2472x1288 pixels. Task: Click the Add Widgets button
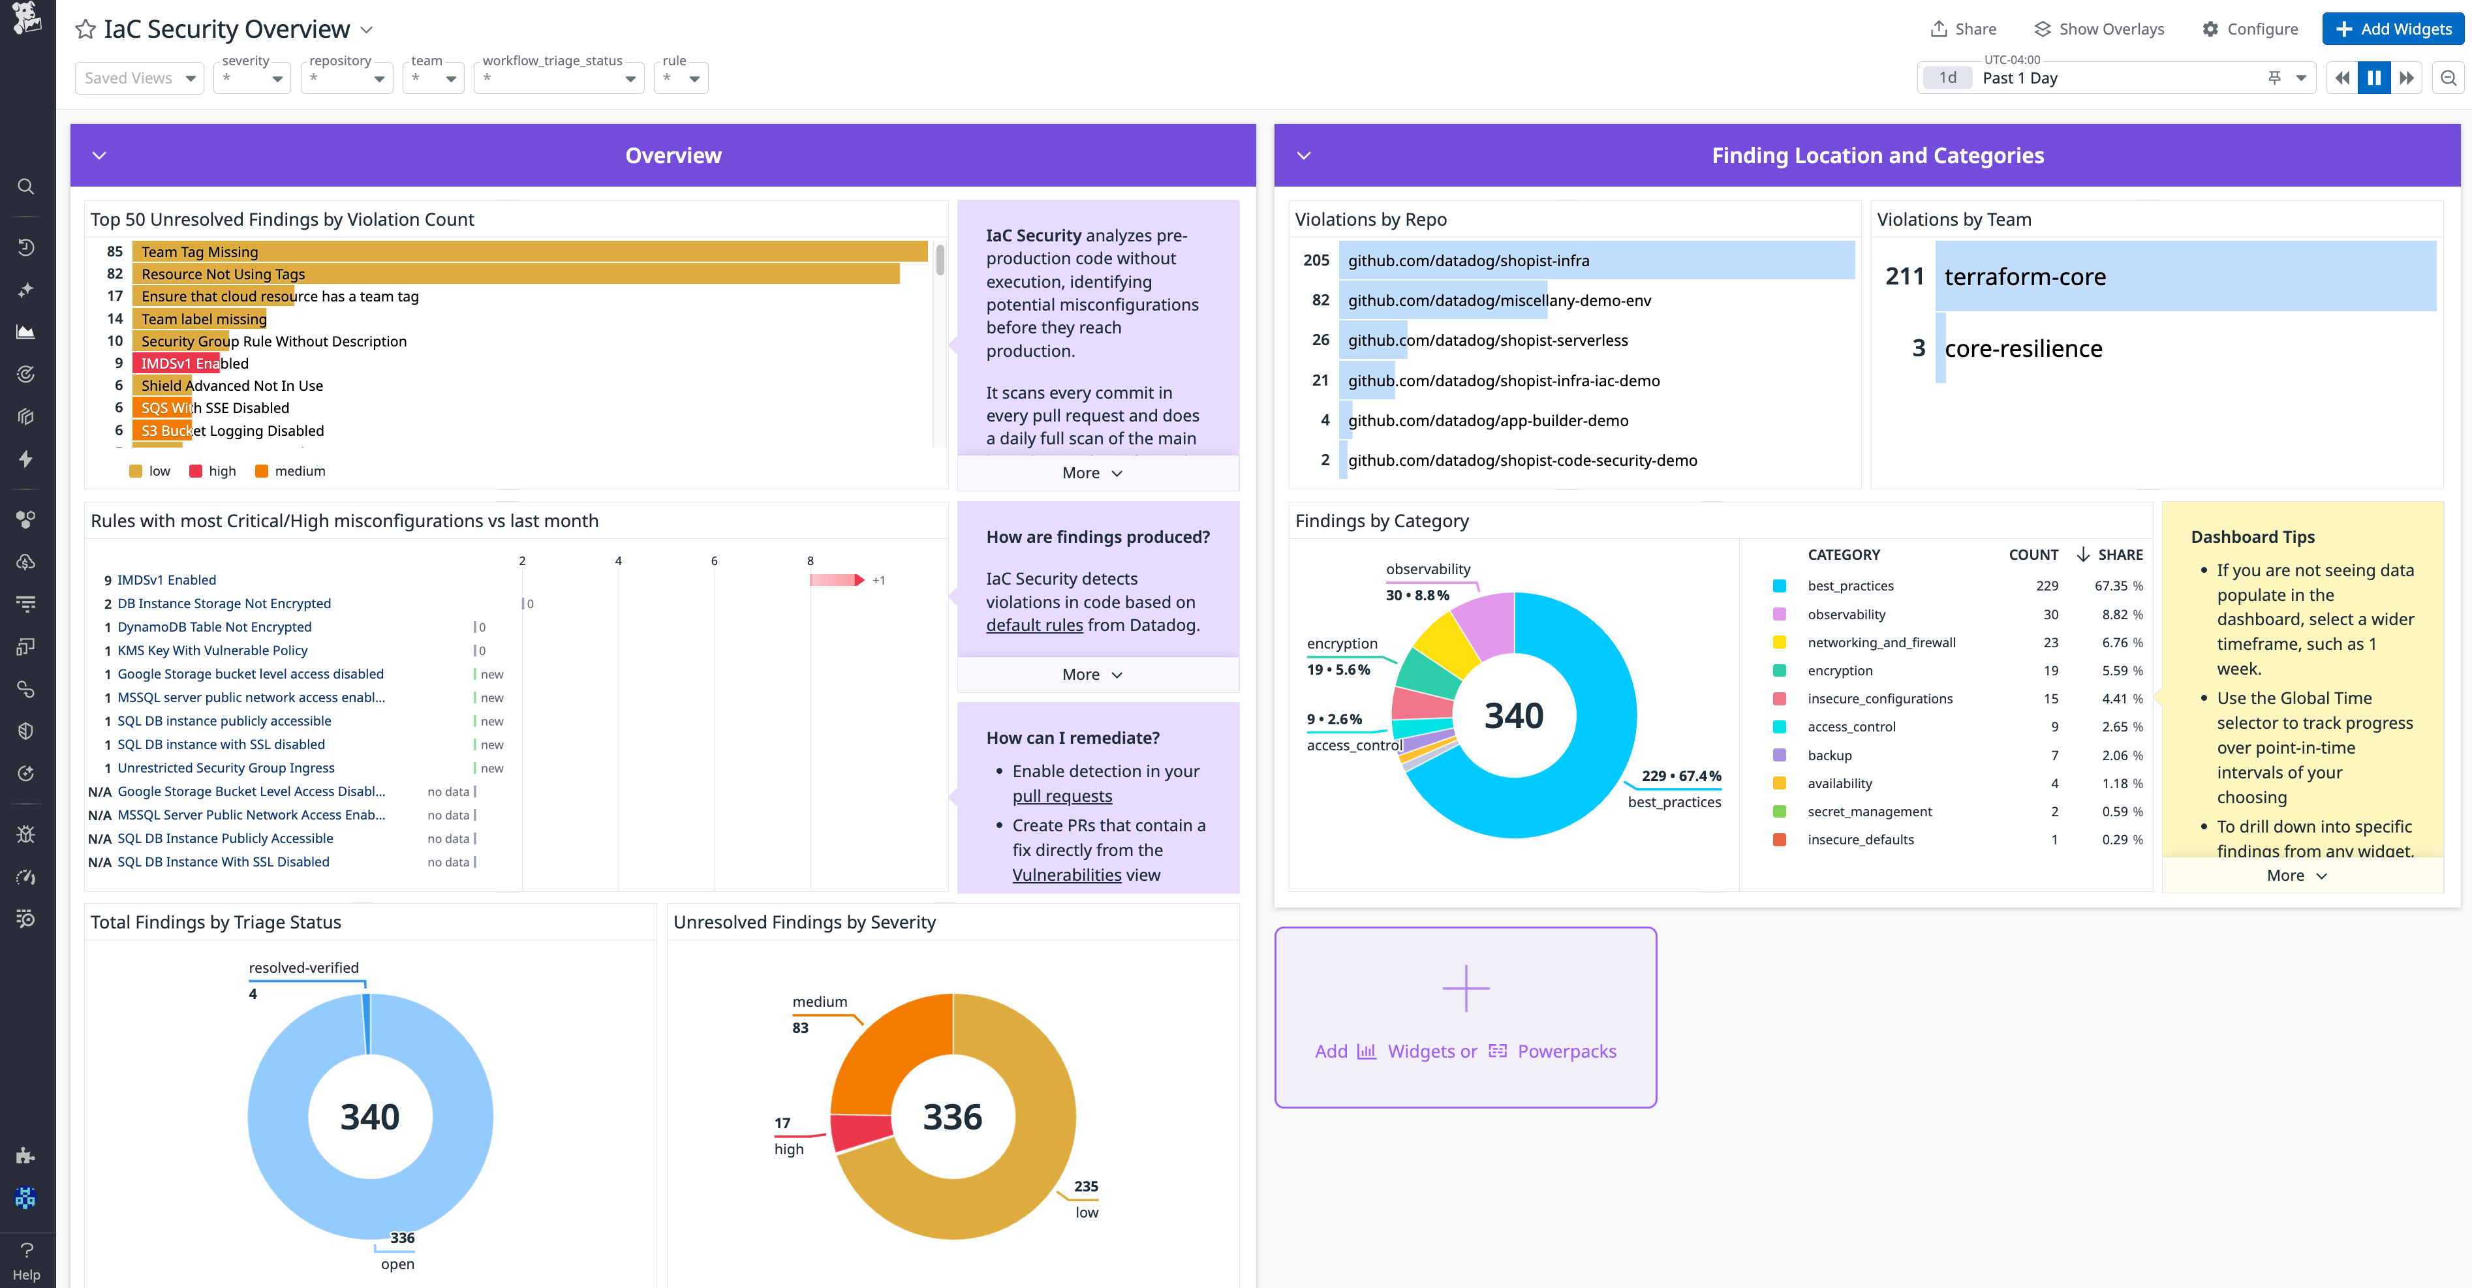[x=2392, y=29]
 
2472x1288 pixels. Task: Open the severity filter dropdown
[x=253, y=78]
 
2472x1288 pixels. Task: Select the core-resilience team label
[x=2023, y=348]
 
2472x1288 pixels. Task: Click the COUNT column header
[x=2033, y=555]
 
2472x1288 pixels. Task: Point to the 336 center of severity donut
[x=952, y=1117]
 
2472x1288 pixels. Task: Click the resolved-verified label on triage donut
[x=303, y=968]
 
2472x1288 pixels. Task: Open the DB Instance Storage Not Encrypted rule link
[x=224, y=604]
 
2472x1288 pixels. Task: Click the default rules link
[x=1034, y=625]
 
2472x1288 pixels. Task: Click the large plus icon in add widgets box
[x=1465, y=988]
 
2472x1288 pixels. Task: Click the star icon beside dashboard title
[x=85, y=29]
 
